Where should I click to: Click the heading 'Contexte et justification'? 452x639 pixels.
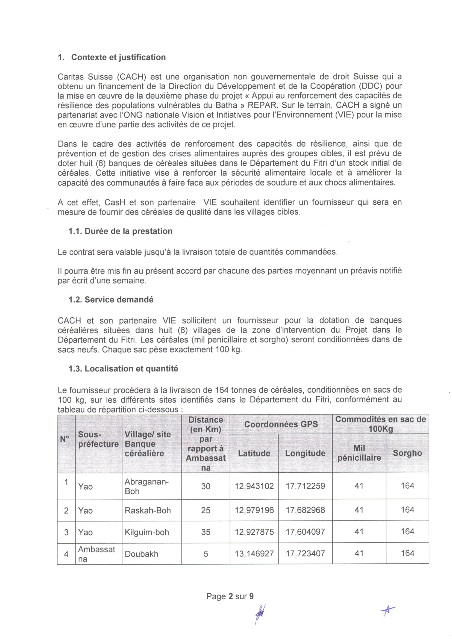(x=118, y=57)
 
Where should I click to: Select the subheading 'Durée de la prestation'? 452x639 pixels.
(x=128, y=231)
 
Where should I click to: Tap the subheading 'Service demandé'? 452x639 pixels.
(x=119, y=300)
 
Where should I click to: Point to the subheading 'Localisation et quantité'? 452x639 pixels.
(x=131, y=369)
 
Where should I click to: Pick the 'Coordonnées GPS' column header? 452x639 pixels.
(x=281, y=424)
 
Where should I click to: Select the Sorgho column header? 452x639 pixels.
(x=407, y=453)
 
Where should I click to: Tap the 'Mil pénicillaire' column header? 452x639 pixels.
(x=359, y=453)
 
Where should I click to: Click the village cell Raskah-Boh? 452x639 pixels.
(x=148, y=510)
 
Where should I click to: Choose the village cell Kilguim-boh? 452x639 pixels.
(x=147, y=532)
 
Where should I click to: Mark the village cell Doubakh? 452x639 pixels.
(x=141, y=554)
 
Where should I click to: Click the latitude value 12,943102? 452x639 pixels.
(x=254, y=486)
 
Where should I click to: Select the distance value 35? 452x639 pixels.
(x=206, y=532)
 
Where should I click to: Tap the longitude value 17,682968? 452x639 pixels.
(x=305, y=510)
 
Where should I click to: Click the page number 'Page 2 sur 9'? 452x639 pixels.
(x=230, y=596)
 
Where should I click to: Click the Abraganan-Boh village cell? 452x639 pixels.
(x=146, y=486)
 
